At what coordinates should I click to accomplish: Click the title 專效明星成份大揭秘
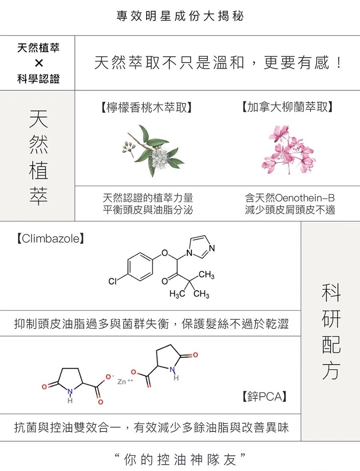[x=180, y=16]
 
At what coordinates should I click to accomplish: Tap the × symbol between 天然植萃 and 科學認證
[x=39, y=63]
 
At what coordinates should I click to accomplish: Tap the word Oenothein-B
[x=305, y=198]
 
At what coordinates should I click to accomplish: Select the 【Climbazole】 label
[x=50, y=238]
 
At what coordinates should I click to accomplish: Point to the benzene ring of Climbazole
[x=140, y=267]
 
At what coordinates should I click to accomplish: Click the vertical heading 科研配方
[x=331, y=331]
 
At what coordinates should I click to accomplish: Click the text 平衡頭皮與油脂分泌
[x=148, y=210]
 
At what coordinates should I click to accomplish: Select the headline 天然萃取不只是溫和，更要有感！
[x=217, y=63]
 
